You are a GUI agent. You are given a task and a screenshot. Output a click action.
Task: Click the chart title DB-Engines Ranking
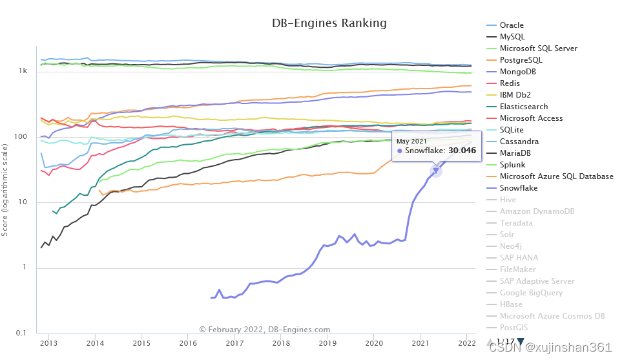(329, 23)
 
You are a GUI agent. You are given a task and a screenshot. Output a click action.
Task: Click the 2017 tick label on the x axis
(234, 343)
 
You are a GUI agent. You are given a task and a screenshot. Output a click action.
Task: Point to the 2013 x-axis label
(48, 343)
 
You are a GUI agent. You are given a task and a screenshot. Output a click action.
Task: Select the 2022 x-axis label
(466, 343)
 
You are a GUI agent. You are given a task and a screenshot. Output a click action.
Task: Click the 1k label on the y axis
(23, 70)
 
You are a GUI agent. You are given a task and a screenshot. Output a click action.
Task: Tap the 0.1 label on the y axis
(21, 333)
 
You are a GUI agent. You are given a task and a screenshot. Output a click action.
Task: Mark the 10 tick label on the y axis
(22, 202)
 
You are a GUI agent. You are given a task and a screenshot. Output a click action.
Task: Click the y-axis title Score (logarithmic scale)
(5, 190)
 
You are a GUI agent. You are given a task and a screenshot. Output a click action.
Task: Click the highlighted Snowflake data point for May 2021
(435, 171)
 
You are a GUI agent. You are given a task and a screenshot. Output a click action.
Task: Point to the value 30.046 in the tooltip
(462, 151)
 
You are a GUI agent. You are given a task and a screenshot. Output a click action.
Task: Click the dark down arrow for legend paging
(521, 341)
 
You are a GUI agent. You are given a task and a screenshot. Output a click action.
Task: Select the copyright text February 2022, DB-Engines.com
(265, 330)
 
